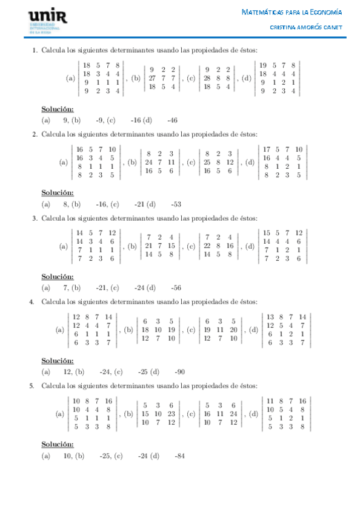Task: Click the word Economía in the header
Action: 326,11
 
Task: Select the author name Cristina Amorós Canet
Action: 306,27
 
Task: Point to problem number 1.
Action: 35,50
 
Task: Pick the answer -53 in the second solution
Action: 177,204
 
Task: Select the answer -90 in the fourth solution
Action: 179,371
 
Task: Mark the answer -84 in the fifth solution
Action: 179,456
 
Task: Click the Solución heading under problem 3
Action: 58,276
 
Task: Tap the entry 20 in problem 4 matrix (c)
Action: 233,330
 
